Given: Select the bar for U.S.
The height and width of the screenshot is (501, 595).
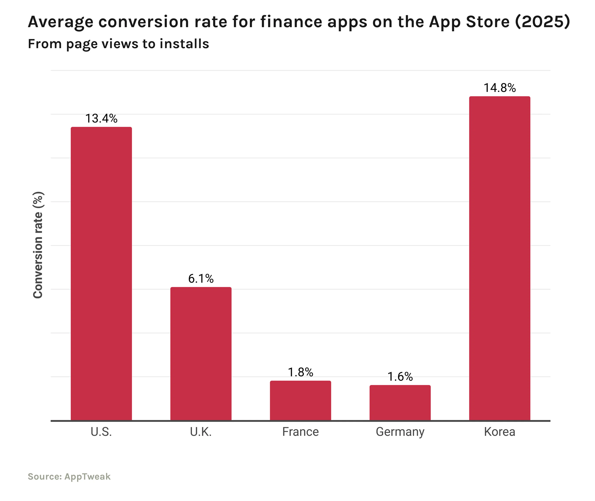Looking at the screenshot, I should coord(101,273).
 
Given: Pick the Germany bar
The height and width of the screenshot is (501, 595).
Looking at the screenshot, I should coord(400,403).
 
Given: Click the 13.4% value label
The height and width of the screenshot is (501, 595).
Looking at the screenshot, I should coord(101,118).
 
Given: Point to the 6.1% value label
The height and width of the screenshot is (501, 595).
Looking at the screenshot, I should coord(201,279).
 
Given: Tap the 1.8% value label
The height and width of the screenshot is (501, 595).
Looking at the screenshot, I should coord(300,372).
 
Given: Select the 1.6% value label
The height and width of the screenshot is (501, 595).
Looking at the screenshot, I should coord(400,377).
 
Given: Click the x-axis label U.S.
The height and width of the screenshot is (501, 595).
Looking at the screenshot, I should coord(101,432).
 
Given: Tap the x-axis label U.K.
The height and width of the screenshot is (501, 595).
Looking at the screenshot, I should coord(201,432).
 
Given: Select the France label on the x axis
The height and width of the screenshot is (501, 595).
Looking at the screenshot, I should coord(300,432).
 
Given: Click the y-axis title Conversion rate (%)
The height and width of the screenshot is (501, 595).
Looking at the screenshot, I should coord(38,245).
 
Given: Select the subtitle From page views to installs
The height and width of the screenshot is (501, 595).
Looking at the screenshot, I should coord(118,44).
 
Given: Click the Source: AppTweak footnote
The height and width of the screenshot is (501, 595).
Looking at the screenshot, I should coord(69,476).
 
